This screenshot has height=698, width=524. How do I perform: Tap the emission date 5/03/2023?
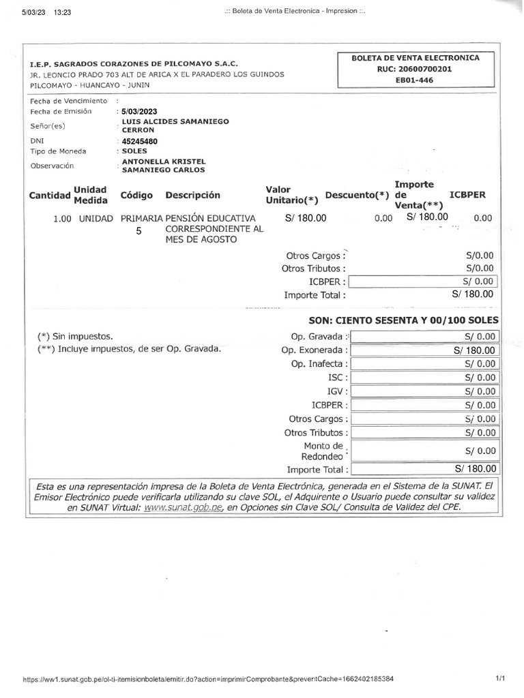[139, 111]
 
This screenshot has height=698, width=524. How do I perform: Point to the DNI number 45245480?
[139, 141]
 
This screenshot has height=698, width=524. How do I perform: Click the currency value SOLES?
[135, 151]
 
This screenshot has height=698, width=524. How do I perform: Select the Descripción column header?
[192, 196]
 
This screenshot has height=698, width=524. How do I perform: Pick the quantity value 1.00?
[63, 219]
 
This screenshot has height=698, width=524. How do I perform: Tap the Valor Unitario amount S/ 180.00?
[306, 218]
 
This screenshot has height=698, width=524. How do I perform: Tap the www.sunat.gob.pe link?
[184, 508]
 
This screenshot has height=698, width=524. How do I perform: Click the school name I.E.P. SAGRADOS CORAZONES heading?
[133, 63]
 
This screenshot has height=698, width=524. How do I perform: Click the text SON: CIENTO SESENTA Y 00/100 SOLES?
[404, 320]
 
